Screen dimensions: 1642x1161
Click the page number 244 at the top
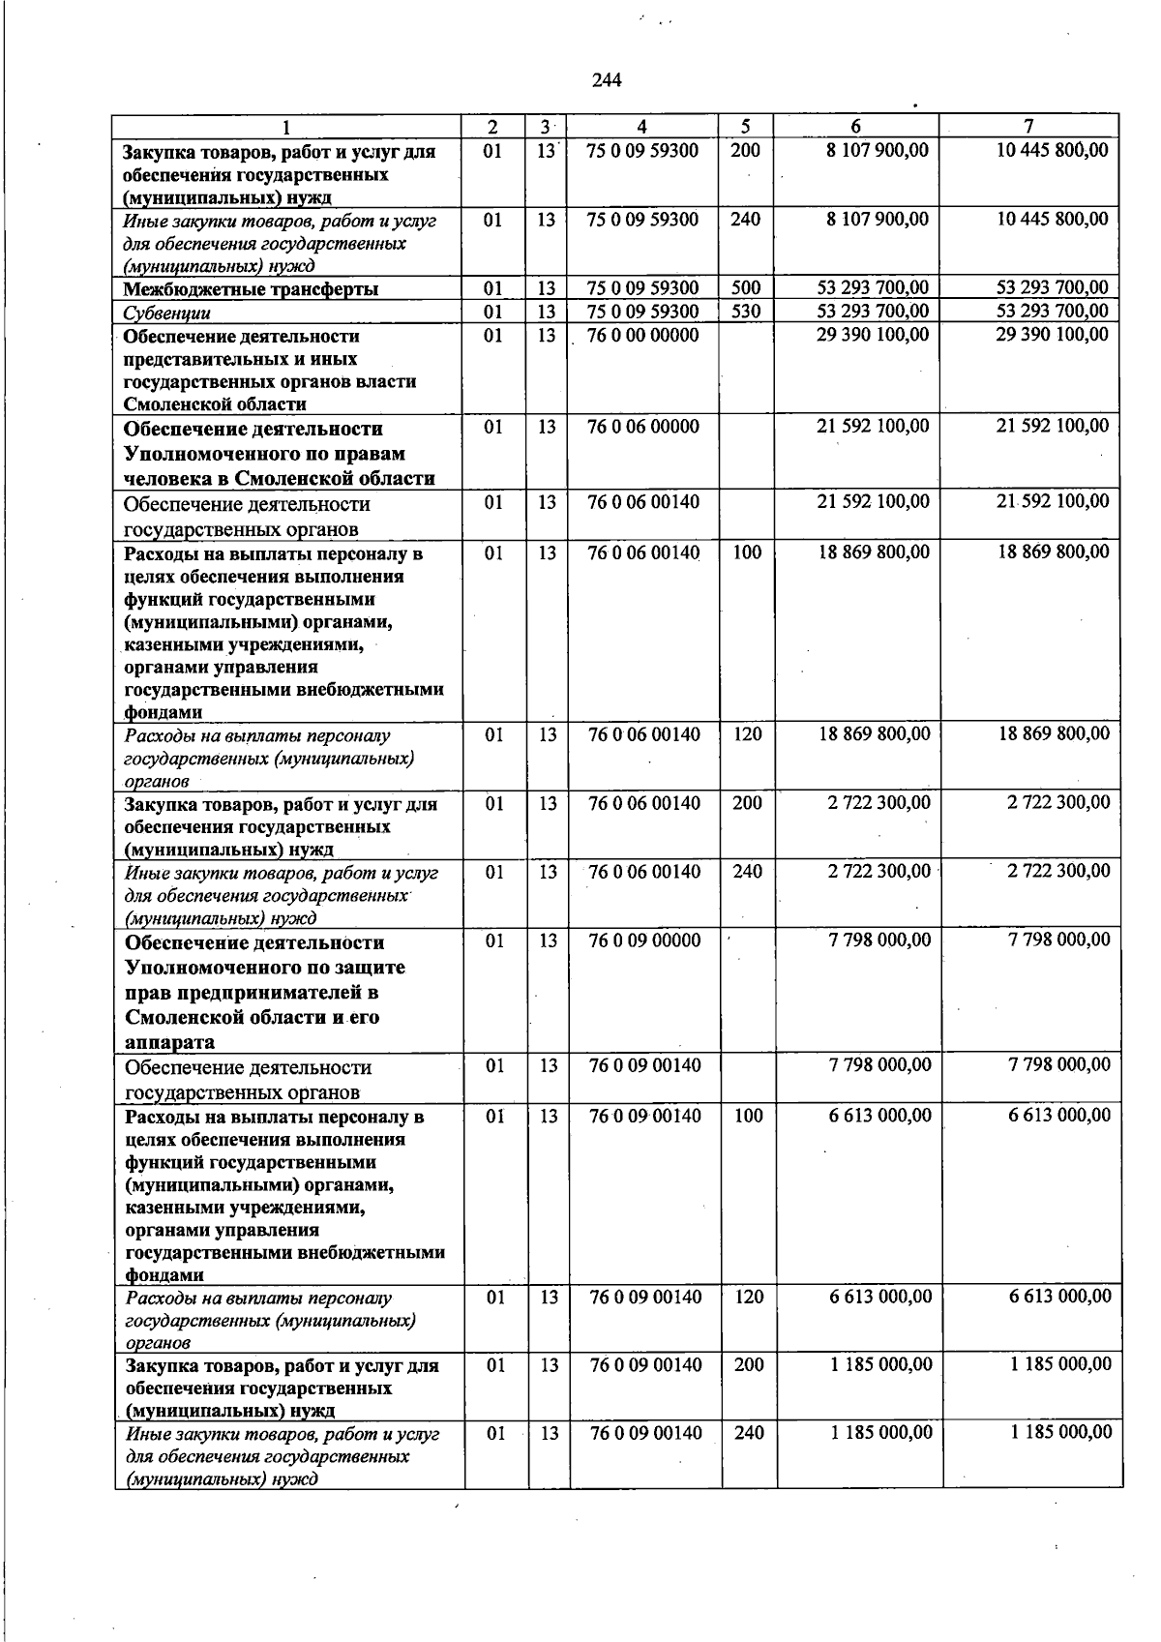click(x=606, y=80)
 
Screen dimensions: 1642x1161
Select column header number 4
click(x=642, y=126)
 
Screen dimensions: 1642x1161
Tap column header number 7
click(x=1028, y=126)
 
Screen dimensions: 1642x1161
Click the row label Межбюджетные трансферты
click(x=251, y=288)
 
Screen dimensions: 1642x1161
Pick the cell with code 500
click(x=745, y=287)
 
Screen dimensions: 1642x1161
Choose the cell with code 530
click(x=745, y=311)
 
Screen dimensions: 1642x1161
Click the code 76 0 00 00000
click(x=642, y=335)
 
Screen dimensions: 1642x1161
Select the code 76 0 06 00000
click(x=642, y=427)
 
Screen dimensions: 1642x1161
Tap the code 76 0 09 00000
click(x=644, y=940)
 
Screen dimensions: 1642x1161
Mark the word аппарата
click(x=169, y=1042)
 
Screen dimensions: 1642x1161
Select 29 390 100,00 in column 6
click(x=873, y=334)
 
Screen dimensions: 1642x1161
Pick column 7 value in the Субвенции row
click(x=1052, y=311)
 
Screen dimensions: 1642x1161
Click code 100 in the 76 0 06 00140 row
click(x=747, y=552)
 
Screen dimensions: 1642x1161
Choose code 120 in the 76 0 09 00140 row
click(x=749, y=1297)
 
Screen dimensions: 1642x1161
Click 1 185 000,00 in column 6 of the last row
click(x=881, y=1432)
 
